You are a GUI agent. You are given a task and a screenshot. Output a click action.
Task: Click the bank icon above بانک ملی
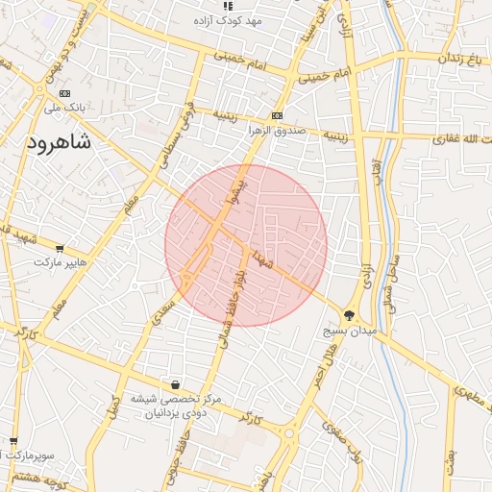64,94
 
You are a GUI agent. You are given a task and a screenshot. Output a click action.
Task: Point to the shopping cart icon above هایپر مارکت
61,248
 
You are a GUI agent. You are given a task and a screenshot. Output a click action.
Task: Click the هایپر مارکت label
61,261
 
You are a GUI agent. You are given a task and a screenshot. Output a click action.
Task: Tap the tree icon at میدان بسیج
349,315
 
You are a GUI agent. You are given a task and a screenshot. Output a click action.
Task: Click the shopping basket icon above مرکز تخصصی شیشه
174,384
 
